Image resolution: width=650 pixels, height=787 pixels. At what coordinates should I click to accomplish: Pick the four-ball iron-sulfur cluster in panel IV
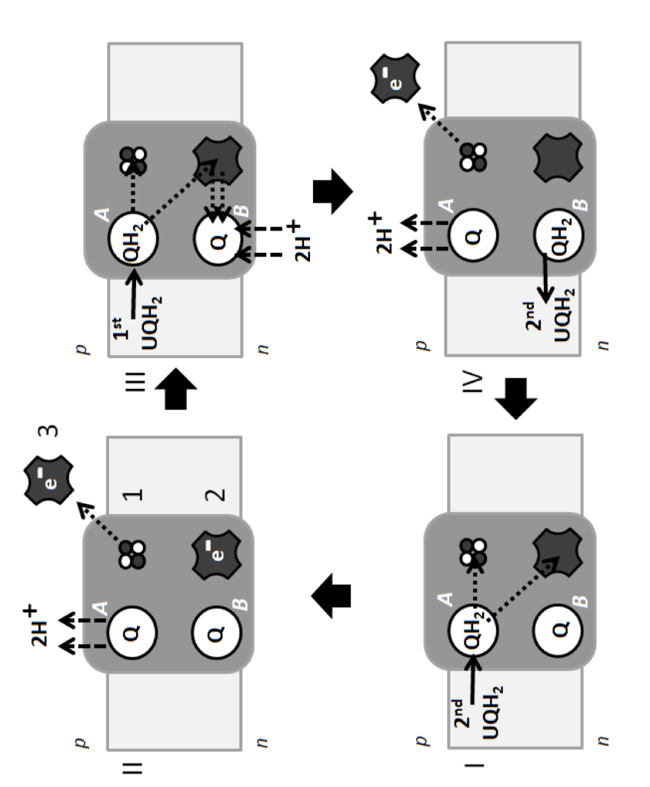tap(467, 154)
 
